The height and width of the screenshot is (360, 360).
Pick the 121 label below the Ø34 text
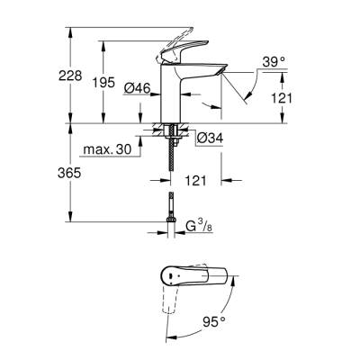[x=197, y=181]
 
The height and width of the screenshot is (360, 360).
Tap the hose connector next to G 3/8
[x=168, y=216]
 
